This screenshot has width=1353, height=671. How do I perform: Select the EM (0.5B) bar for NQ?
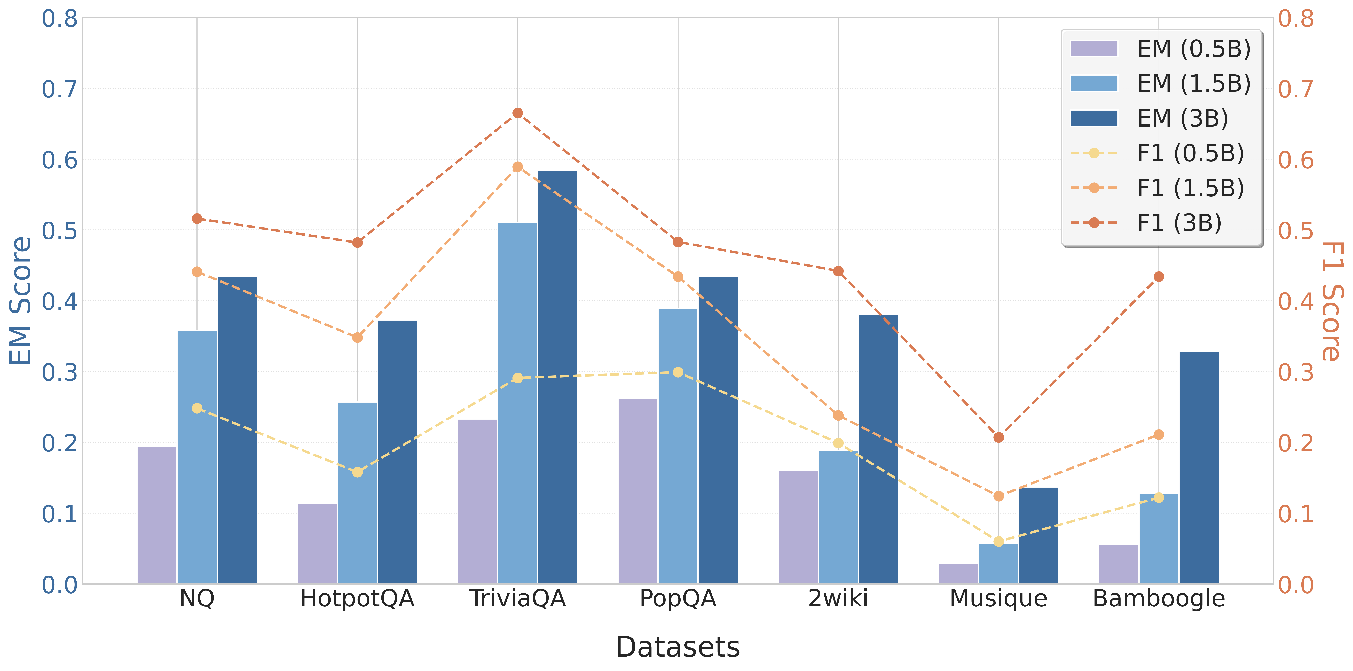point(156,515)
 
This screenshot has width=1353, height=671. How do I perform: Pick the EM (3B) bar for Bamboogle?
point(1199,468)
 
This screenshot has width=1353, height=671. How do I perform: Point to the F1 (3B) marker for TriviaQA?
point(517,113)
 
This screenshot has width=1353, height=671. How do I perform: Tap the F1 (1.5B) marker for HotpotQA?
point(357,337)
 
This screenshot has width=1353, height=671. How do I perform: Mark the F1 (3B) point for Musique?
point(998,437)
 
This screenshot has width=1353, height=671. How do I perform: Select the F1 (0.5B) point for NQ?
point(197,408)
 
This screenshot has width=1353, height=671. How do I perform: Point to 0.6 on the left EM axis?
point(59,160)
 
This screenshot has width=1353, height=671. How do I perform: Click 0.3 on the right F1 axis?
point(1296,372)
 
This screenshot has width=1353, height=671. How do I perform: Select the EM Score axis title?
point(21,301)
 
